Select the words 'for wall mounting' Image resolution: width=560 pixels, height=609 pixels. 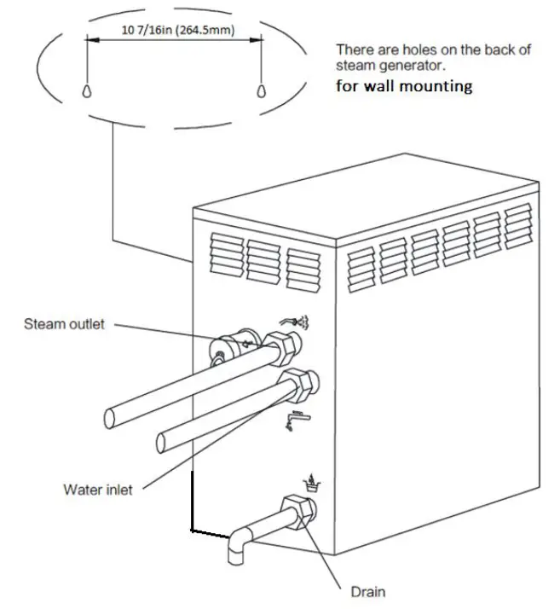pyautogui.click(x=403, y=86)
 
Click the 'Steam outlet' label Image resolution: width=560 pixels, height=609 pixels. pyautogui.click(x=64, y=324)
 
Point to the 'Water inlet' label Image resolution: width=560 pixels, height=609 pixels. pyautogui.click(x=98, y=490)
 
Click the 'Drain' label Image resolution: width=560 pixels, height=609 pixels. pyautogui.click(x=368, y=591)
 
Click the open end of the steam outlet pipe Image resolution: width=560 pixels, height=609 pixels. pyautogui.click(x=112, y=417)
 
